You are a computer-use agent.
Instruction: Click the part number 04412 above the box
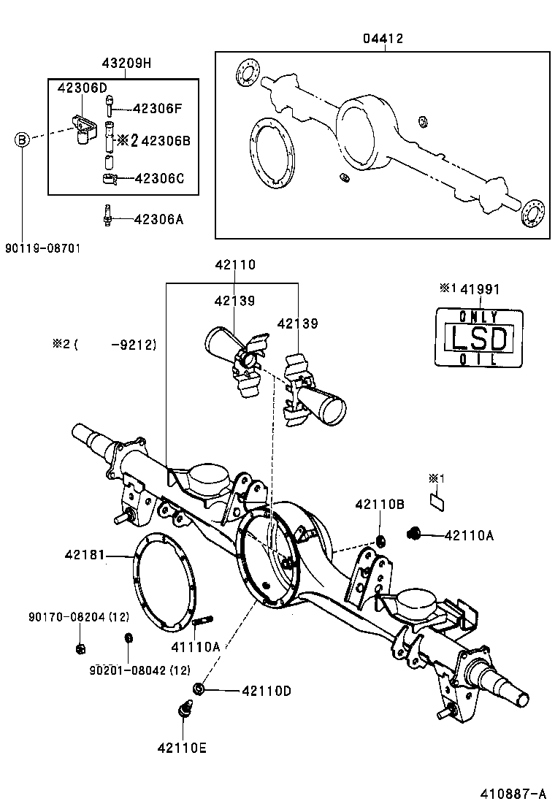383,38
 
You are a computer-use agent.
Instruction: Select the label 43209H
126,63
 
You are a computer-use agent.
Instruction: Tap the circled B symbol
23,139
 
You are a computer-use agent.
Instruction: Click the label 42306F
157,109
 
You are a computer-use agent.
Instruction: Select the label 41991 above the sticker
480,289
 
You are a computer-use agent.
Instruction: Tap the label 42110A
470,535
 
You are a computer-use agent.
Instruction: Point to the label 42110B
380,504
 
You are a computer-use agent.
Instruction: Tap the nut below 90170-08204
80,647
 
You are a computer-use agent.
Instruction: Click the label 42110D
266,690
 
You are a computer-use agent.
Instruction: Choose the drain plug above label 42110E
185,708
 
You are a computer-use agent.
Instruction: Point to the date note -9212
134,344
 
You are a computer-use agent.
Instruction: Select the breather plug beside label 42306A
107,217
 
